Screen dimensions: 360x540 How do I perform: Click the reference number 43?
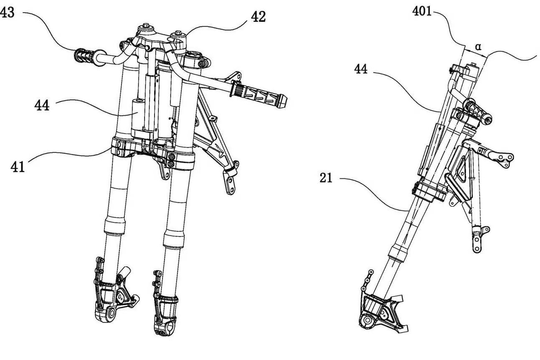(x=8, y=13)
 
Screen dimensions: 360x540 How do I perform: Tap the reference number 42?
(x=258, y=18)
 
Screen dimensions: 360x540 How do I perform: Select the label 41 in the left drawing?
(x=17, y=167)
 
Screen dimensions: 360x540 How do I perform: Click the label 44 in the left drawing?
(x=42, y=105)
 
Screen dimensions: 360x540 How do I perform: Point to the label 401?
(x=422, y=11)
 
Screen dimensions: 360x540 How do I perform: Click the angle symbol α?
(x=479, y=47)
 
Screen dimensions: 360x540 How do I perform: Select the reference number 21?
(x=326, y=178)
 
